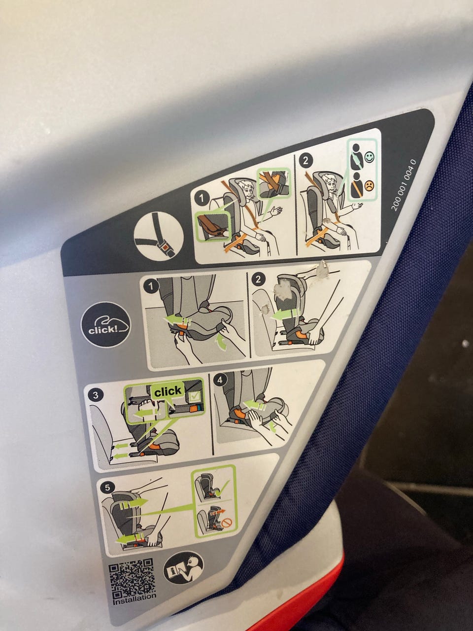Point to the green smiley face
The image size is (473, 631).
point(369,157)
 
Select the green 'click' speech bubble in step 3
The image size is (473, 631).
point(168,391)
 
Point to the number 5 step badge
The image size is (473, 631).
point(107,489)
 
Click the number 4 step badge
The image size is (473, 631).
point(220,380)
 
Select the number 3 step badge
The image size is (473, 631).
point(96,395)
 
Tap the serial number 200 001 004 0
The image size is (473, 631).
point(404,185)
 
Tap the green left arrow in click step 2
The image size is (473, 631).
point(285,315)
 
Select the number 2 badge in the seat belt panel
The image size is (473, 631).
point(305,160)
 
